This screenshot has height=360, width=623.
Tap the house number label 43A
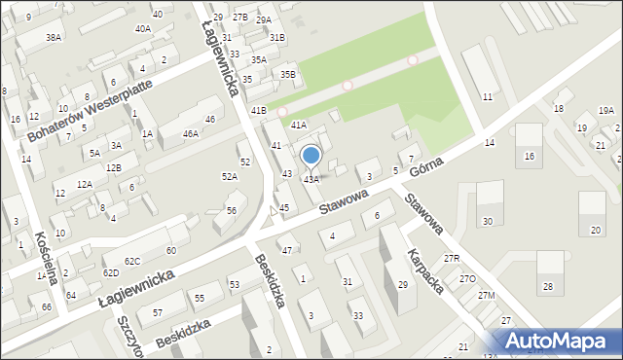311,180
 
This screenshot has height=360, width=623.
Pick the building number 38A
54,37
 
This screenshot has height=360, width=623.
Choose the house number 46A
191,133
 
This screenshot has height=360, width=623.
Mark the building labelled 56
232,210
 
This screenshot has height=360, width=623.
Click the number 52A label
230,177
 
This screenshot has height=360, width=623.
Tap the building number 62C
132,261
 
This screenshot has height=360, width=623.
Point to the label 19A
606,111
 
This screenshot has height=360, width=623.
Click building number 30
487,221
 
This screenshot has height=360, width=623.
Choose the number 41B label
258,111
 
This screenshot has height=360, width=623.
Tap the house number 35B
288,74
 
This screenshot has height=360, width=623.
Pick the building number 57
157,312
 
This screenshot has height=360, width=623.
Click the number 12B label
114,167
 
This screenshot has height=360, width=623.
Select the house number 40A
143,29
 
